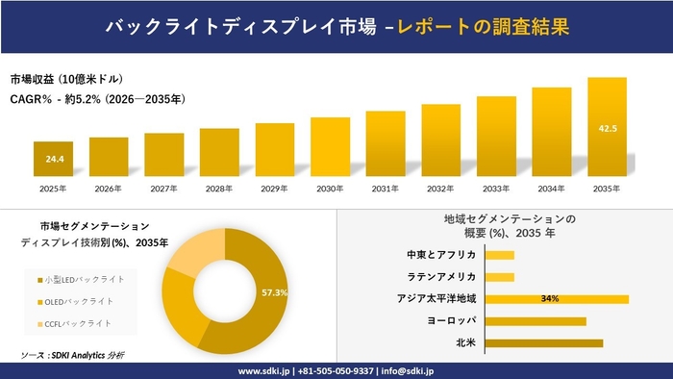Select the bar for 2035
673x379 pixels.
pyautogui.click(x=607, y=126)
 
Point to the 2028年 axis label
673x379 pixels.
pyautogui.click(x=219, y=189)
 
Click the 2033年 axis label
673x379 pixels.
pyautogui.click(x=496, y=189)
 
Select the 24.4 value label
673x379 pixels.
pyautogui.click(x=54, y=159)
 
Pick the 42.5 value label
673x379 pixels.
pyautogui.click(x=608, y=127)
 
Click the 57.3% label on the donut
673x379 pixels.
pyautogui.click(x=275, y=292)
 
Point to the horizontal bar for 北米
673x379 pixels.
pyautogui.click(x=544, y=342)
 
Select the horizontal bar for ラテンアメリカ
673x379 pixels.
pyautogui.click(x=500, y=277)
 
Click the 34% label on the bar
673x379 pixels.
pyautogui.click(x=550, y=299)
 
